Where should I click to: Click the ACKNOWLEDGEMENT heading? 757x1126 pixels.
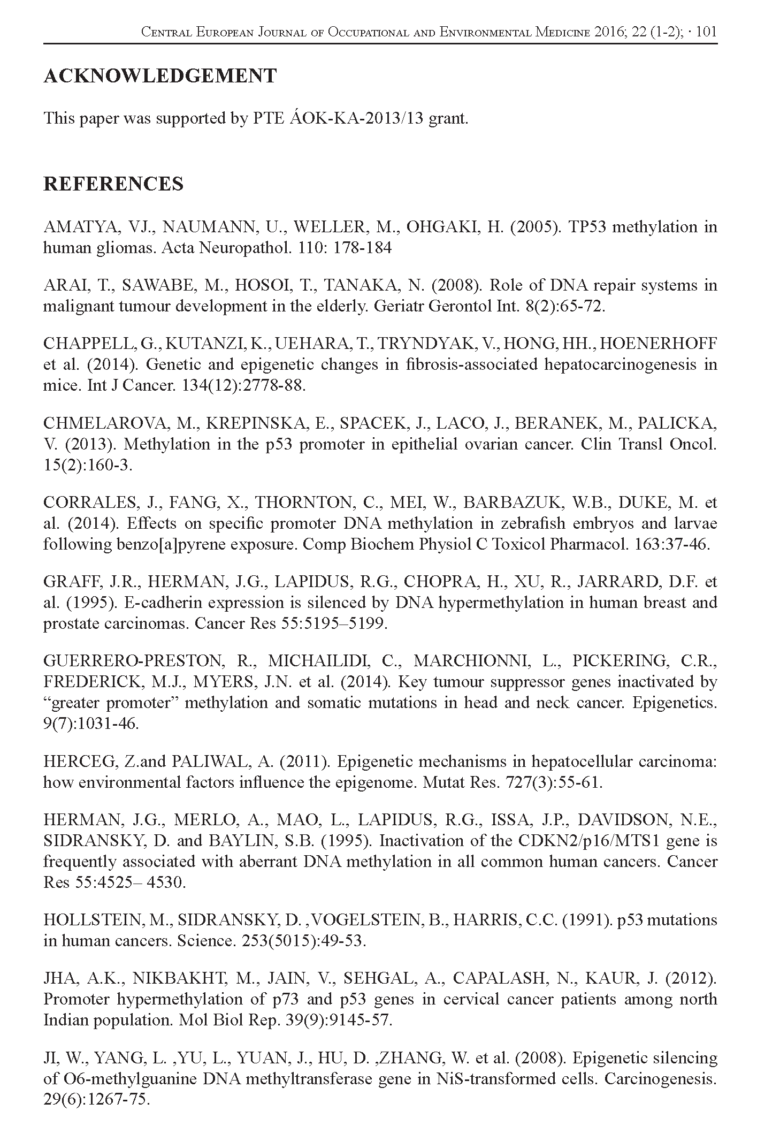point(159,76)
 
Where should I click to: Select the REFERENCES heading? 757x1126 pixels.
point(113,184)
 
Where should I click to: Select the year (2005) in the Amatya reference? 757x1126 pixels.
point(534,227)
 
